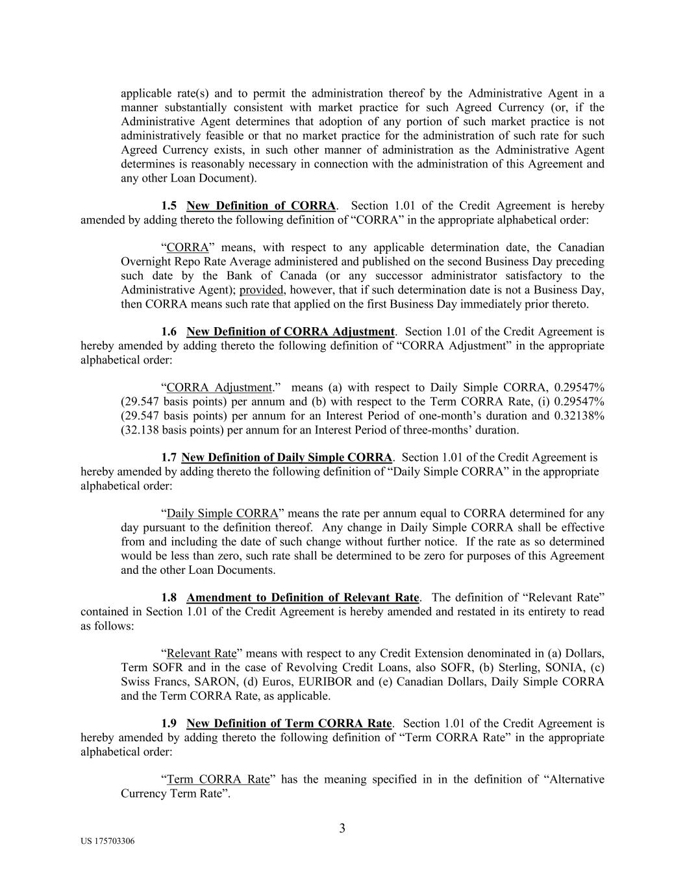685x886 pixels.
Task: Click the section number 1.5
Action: coord(169,206)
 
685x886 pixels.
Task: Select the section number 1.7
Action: coord(169,458)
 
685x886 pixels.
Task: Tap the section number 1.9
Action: coord(169,723)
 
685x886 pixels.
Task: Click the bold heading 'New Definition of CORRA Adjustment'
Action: coord(290,332)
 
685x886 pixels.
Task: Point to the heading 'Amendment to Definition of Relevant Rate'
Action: coord(303,597)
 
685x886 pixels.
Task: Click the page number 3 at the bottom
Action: coord(342,828)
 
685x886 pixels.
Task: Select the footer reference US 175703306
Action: coord(108,841)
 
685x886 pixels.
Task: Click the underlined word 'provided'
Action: coord(261,289)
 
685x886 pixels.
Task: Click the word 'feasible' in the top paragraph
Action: coord(219,136)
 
